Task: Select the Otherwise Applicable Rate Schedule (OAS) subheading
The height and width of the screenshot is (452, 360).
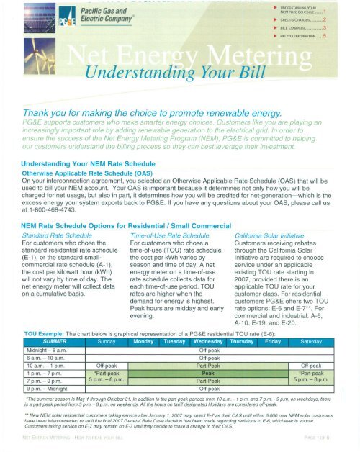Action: coord(95,152)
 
